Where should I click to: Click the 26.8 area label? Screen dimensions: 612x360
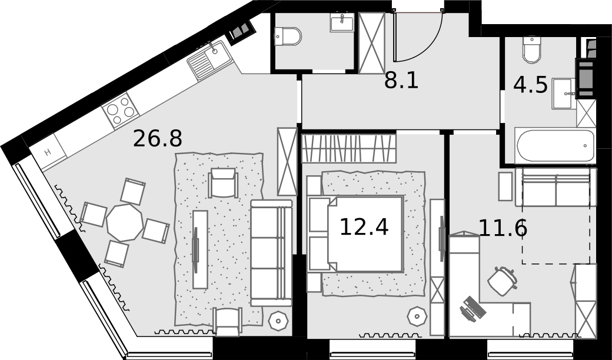coord(157,138)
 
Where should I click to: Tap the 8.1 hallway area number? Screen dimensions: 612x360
coord(401,81)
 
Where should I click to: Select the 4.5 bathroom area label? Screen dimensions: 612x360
coord(530,85)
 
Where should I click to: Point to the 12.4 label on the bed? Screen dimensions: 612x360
coord(364,227)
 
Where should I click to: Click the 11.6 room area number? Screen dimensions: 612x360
coord(503,228)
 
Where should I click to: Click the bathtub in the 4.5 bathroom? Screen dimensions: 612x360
coord(555,145)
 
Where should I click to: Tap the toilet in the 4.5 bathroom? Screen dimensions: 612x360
coord(531,49)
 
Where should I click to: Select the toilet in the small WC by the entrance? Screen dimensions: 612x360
coord(288,36)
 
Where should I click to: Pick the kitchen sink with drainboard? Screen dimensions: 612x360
coord(210,60)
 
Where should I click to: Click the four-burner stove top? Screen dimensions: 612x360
coord(120,111)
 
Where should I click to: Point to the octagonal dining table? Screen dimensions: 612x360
coord(125,222)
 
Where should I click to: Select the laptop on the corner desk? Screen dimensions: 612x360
coord(473,308)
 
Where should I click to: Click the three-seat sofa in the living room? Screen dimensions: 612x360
coord(271,253)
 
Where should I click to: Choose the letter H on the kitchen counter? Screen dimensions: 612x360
coord(48,152)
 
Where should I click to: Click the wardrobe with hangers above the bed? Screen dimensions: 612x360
coord(349,148)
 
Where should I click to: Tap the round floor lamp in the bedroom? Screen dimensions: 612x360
coord(417,316)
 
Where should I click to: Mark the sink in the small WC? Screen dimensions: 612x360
coord(342,22)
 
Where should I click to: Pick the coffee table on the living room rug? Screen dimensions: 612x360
coord(200,249)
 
